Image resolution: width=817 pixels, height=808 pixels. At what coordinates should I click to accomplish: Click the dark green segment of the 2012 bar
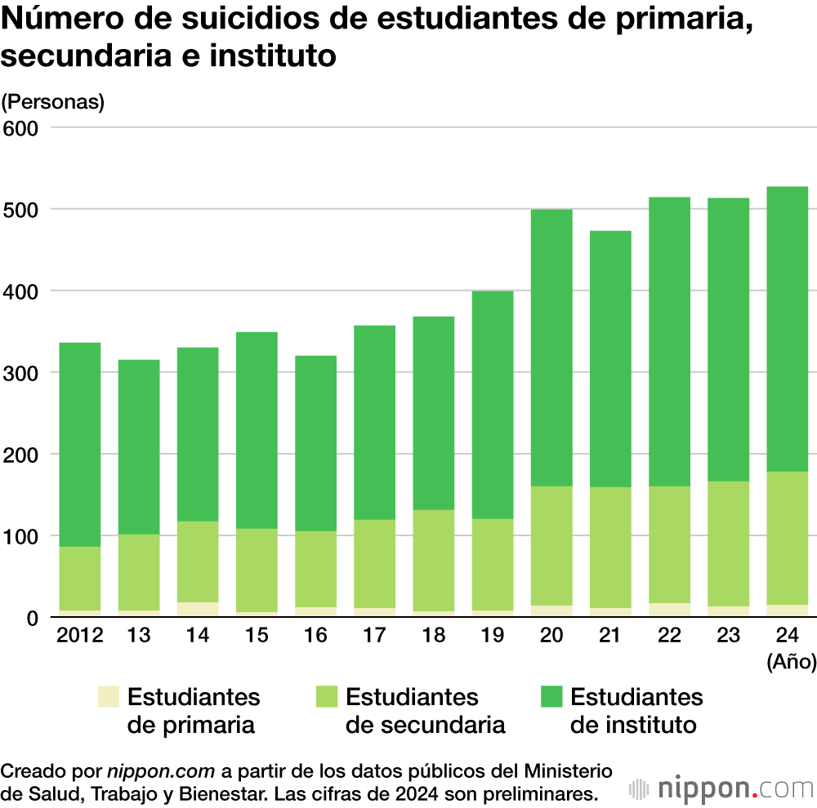tap(79, 444)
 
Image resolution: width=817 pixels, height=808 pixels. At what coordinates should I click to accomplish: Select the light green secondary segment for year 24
tap(787, 538)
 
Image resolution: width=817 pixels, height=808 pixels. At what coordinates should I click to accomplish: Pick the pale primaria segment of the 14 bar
tap(197, 610)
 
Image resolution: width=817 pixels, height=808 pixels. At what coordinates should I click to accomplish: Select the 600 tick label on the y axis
tap(22, 128)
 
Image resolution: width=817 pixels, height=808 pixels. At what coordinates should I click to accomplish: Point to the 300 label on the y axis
tap(22, 373)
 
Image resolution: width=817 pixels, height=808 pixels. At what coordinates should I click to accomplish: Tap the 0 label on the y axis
tap(33, 618)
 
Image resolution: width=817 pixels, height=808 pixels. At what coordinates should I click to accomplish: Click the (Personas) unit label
tap(53, 102)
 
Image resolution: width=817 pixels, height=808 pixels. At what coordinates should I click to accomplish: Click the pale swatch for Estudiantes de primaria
tap(108, 697)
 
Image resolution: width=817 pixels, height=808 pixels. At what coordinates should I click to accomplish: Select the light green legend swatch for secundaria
tap(326, 697)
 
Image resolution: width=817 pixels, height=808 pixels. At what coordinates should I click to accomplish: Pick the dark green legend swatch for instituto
tap(551, 697)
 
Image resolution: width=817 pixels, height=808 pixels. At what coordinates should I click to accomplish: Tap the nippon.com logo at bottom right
tap(722, 789)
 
